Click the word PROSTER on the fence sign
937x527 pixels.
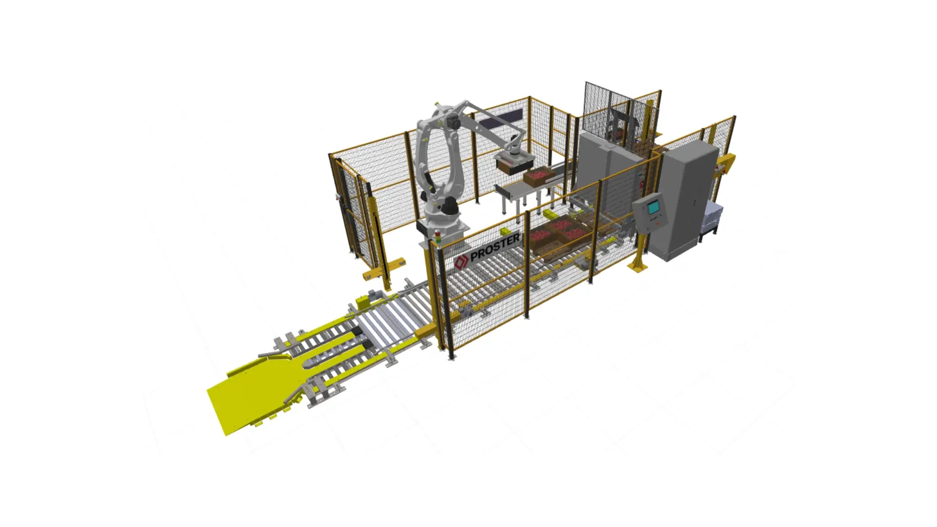pos(495,248)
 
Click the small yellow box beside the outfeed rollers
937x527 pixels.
pos(364,303)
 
